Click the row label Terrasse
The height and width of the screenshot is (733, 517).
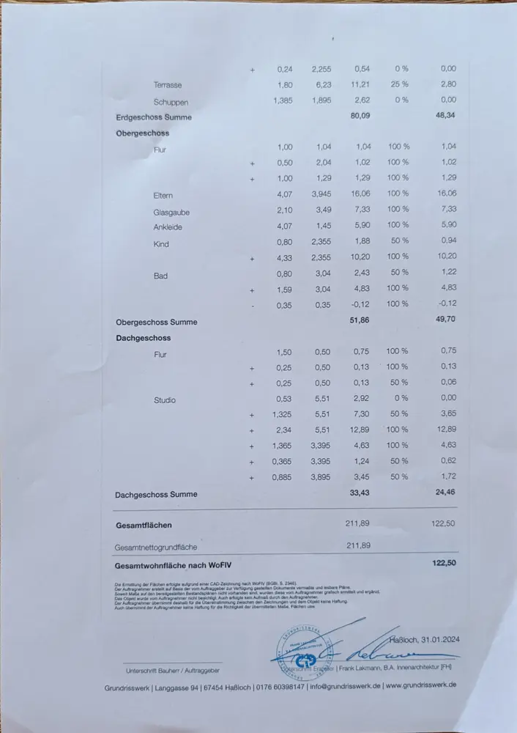pyautogui.click(x=168, y=85)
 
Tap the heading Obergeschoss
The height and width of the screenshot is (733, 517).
pyautogui.click(x=142, y=133)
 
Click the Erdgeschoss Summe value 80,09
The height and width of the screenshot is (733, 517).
pyautogui.click(x=360, y=116)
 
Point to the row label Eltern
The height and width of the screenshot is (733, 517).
pyautogui.click(x=163, y=195)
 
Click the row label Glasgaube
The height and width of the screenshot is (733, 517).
pyautogui.click(x=171, y=212)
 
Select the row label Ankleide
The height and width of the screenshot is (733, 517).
pyautogui.click(x=168, y=227)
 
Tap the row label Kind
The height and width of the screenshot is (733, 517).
pyautogui.click(x=161, y=243)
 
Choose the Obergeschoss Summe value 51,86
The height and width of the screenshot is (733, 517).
pyautogui.click(x=357, y=321)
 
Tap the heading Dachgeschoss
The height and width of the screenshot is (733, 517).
pyautogui.click(x=143, y=338)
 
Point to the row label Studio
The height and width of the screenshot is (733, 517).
pyautogui.click(x=165, y=400)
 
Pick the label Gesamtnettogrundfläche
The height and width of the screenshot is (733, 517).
pyautogui.click(x=156, y=547)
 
